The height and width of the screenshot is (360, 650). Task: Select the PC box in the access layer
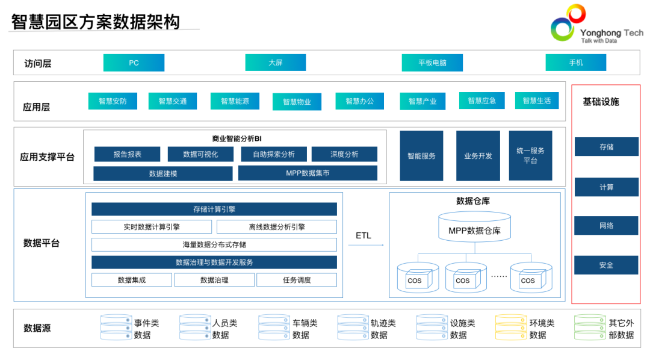tap(134, 63)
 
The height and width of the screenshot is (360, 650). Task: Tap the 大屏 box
tap(275, 63)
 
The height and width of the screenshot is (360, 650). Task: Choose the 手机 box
tap(575, 63)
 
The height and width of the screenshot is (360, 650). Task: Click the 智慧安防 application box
tap(113, 101)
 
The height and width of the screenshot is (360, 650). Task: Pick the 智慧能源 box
tap(235, 101)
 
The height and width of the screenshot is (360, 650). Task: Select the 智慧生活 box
tap(536, 101)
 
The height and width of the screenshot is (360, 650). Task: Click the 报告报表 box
tap(127, 154)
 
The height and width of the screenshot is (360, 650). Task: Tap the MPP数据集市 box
tap(308, 173)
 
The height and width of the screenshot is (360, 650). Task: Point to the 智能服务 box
tap(421, 156)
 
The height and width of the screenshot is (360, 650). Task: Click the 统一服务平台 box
tap(530, 156)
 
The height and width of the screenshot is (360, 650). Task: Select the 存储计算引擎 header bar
tap(214, 209)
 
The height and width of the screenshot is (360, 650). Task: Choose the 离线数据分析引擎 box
tap(276, 227)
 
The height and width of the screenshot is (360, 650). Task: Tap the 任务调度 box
tap(297, 280)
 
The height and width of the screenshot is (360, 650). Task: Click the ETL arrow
tap(365, 244)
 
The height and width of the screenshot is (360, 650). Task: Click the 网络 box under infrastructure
tap(606, 226)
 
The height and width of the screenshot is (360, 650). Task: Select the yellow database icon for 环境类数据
tap(510, 327)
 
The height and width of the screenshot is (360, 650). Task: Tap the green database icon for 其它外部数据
tap(589, 327)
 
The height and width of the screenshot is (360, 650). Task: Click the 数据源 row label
tap(37, 328)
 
